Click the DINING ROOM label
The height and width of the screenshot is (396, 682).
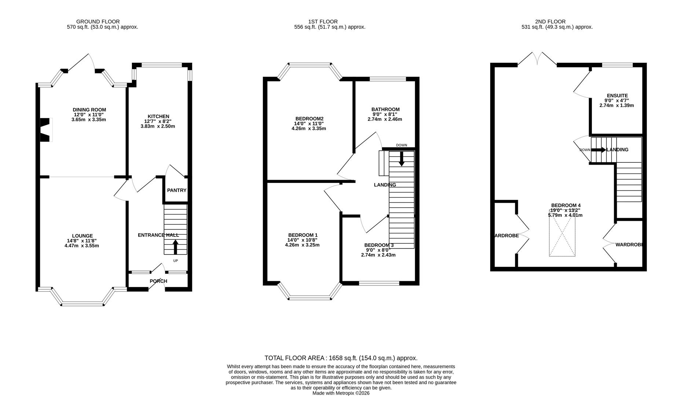tap(89, 110)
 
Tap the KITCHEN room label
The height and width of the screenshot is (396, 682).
tap(158, 116)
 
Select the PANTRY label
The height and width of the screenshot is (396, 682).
tap(176, 190)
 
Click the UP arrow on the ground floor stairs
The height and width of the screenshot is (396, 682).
tap(175, 247)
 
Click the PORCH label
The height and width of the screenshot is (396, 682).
tap(158, 281)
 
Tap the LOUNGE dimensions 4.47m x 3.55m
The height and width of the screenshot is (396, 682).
tap(81, 246)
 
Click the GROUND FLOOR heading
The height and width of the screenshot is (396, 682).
tap(98, 22)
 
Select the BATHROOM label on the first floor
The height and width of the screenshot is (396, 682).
tap(385, 109)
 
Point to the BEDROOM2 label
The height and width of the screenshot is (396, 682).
tap(309, 118)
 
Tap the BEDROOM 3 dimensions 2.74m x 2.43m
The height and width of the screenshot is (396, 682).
tap(378, 255)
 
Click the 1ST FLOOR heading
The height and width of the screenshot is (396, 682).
tap(323, 22)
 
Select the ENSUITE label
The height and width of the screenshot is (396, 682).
tap(617, 95)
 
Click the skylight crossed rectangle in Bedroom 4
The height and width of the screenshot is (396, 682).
tap(562, 235)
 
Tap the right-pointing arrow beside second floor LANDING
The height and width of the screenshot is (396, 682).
tap(598, 150)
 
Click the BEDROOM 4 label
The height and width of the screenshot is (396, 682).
tap(565, 205)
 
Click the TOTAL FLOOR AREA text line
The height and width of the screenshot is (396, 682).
tap(341, 358)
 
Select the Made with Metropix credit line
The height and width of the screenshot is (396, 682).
tap(341, 393)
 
